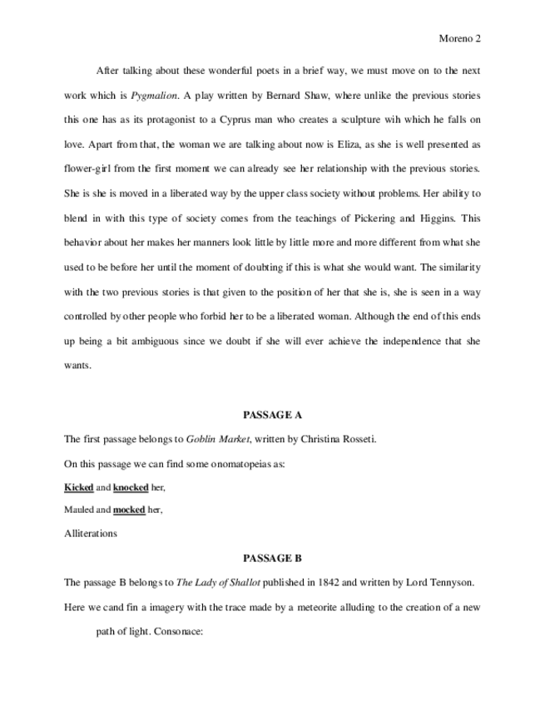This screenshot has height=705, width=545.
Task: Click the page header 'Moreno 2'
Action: pos(459,38)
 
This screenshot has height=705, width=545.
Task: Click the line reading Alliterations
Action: pos(91,534)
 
